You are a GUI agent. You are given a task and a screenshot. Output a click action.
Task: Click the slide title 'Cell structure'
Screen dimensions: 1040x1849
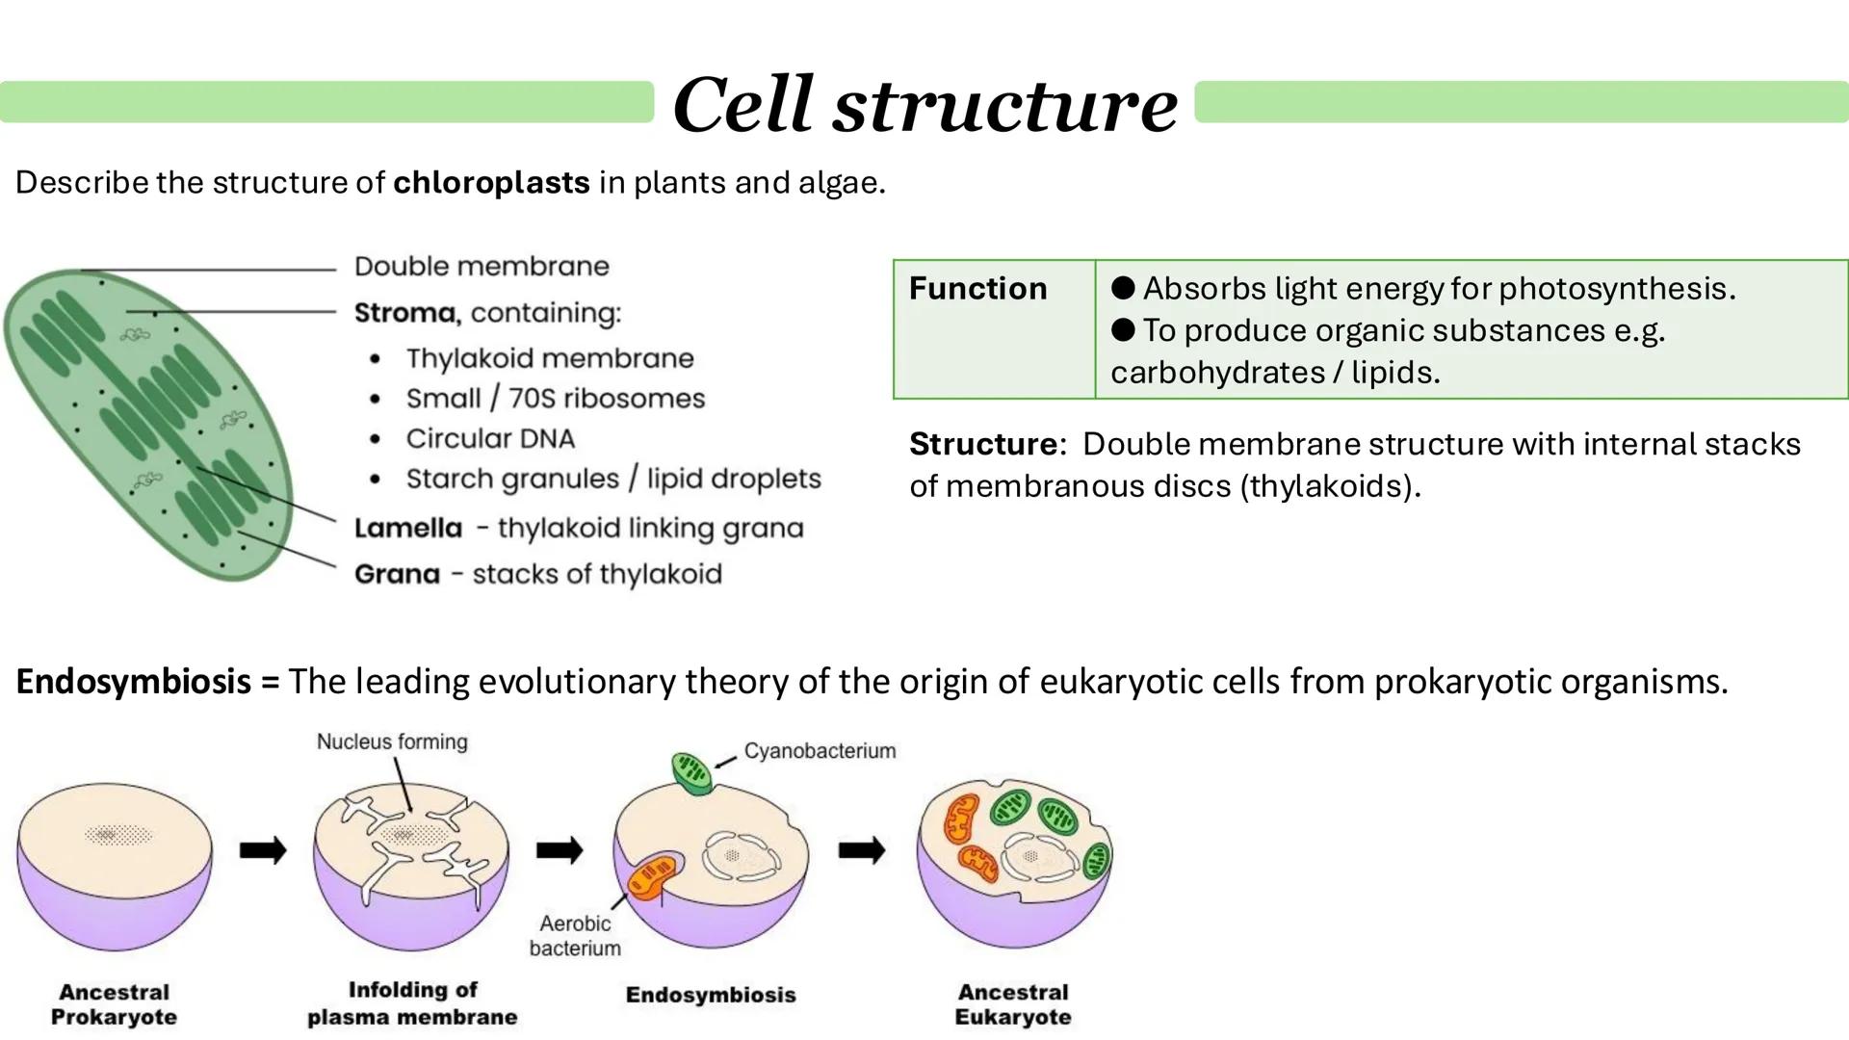[x=924, y=104]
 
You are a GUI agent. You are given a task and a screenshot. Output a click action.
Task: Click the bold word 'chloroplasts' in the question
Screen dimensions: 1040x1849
[x=491, y=182]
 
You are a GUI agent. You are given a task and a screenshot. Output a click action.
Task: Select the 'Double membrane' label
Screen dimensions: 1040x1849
[x=482, y=267]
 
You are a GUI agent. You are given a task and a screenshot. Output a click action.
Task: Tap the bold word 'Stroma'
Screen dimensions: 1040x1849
[x=404, y=313]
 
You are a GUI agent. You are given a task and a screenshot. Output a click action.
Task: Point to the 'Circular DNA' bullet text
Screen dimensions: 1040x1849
[x=490, y=439]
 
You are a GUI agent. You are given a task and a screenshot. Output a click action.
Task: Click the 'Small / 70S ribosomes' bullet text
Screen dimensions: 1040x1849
[x=555, y=399]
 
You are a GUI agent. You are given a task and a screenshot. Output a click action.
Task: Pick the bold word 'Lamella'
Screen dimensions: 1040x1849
[x=408, y=529]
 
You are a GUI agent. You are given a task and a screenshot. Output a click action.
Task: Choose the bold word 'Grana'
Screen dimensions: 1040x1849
[x=397, y=575]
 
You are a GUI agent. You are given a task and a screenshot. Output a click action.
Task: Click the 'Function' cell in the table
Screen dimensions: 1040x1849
[x=977, y=289]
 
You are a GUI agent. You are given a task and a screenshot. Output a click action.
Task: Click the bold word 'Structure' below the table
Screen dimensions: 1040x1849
[x=983, y=445]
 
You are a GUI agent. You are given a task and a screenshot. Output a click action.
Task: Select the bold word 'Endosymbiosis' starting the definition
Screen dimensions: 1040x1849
[x=134, y=682]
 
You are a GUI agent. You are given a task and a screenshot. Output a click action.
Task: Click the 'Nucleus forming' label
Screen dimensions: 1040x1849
[x=392, y=742]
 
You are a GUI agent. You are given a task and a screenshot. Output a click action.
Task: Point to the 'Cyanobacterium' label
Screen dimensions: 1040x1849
[x=820, y=751]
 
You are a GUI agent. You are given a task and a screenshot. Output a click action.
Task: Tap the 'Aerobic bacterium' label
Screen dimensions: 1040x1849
[x=575, y=936]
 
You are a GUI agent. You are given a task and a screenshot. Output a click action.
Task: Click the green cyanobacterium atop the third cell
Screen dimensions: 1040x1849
[x=691, y=772]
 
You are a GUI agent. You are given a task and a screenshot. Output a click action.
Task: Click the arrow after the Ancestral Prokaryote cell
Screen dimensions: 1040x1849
[x=263, y=850]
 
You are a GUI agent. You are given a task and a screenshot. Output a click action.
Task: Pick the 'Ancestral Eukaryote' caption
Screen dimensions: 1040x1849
[x=1012, y=1005]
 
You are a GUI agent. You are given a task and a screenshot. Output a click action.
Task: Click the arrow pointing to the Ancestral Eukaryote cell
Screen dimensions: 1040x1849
[x=861, y=850]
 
